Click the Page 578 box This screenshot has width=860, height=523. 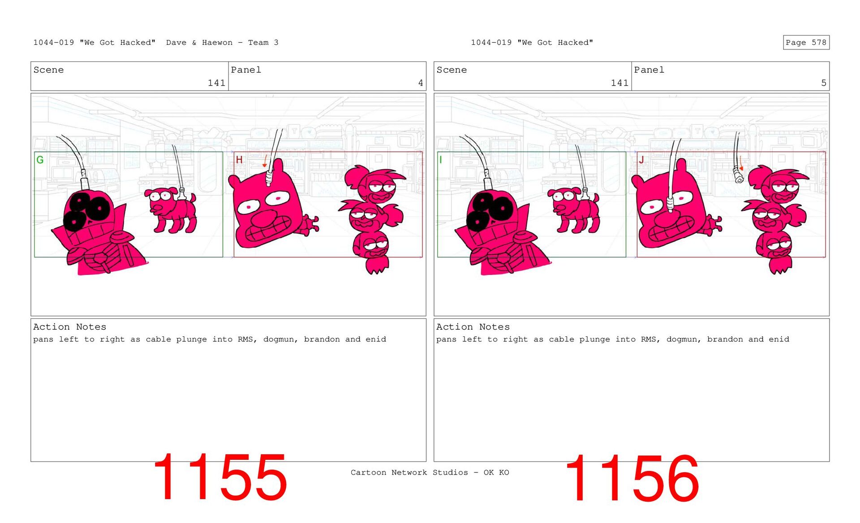pyautogui.click(x=806, y=43)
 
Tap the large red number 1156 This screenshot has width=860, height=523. pyautogui.click(x=632, y=478)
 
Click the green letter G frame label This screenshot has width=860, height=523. pyautogui.click(x=40, y=160)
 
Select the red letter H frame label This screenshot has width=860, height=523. pyautogui.click(x=239, y=160)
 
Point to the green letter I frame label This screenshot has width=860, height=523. pyautogui.click(x=441, y=160)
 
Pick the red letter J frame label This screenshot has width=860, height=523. pyautogui.click(x=641, y=160)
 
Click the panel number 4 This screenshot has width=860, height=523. pyautogui.click(x=421, y=83)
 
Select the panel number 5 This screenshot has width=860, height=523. pyautogui.click(x=824, y=83)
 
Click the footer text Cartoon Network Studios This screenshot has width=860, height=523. pyautogui.click(x=409, y=472)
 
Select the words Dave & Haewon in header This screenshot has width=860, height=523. pyautogui.click(x=199, y=43)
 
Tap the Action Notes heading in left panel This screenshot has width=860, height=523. pyautogui.click(x=70, y=327)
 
